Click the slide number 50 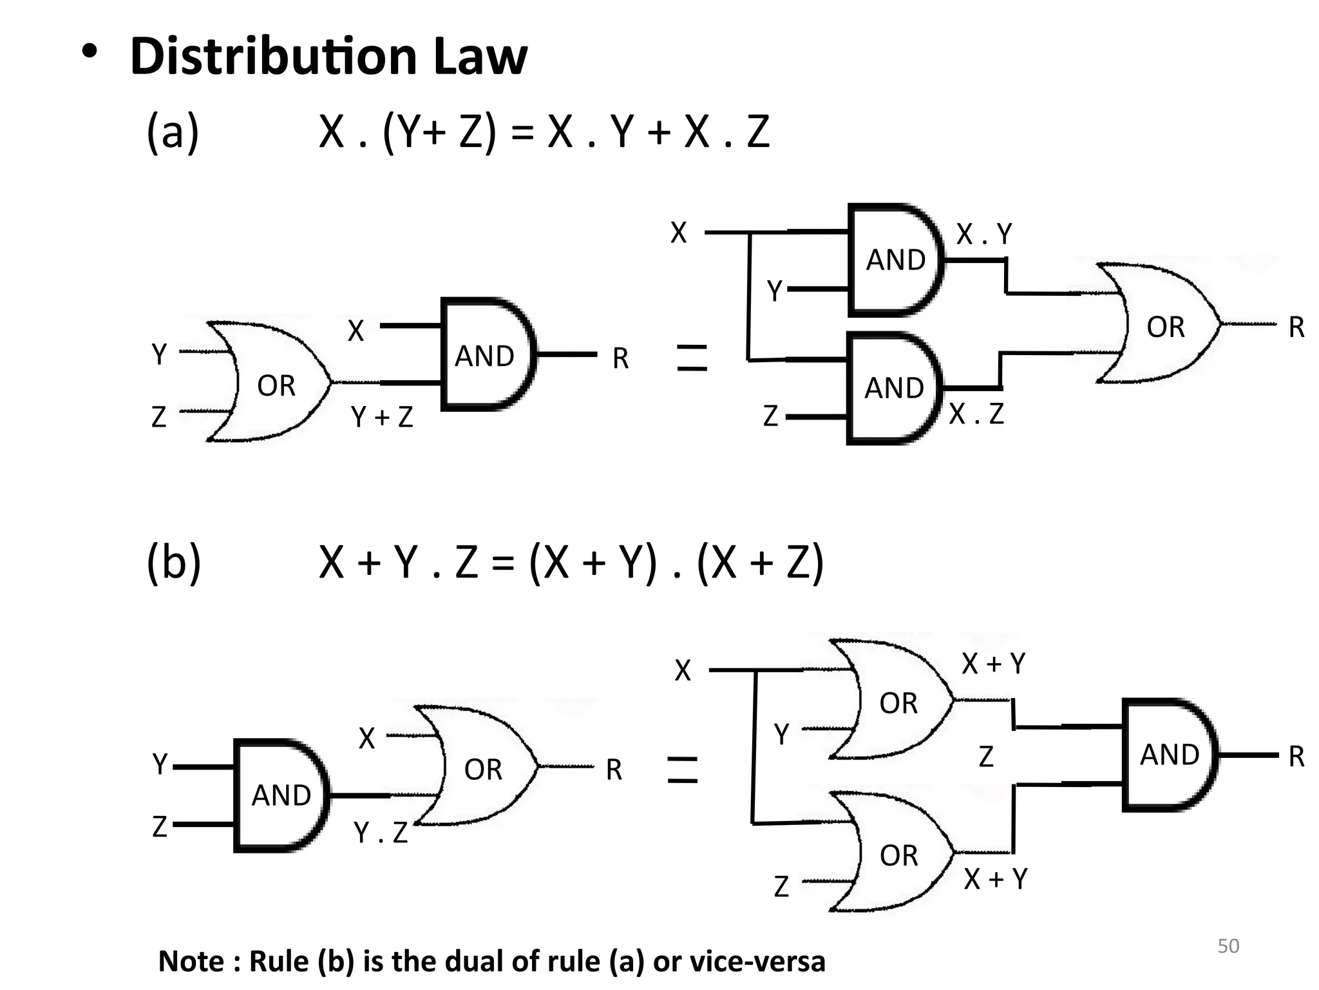1228,946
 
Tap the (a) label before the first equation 173,132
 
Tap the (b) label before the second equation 173,562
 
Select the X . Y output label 983,234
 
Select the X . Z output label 976,413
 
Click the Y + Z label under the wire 381,417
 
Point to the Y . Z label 381,833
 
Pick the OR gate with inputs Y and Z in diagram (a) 274,383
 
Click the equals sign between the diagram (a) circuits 692,358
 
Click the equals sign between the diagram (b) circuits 683,770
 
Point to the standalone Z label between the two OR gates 985,756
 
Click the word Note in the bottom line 191,961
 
